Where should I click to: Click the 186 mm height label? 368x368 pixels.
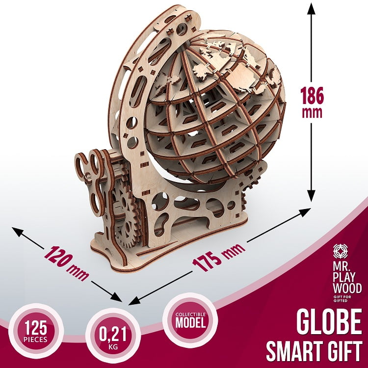312,102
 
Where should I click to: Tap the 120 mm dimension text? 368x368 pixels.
66,263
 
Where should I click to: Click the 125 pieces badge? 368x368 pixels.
36,331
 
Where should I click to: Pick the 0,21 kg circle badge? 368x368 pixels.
113,336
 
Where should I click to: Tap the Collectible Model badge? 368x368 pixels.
190,320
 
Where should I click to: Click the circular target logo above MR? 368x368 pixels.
341,251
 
